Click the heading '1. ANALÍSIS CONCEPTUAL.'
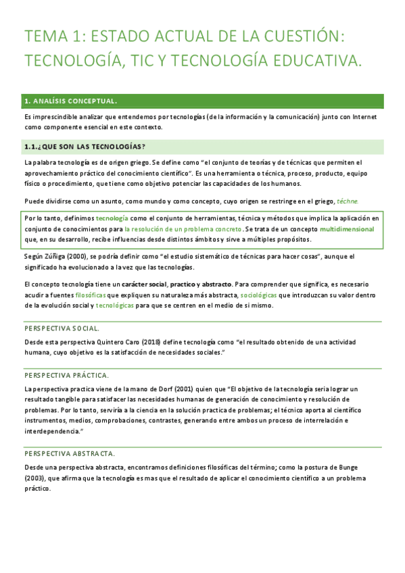[x=71, y=101]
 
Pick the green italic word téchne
[x=348, y=201]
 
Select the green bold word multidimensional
[x=346, y=229]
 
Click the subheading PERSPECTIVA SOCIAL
[x=62, y=328]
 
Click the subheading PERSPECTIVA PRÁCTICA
[x=66, y=375]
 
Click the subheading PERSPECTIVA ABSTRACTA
[x=70, y=453]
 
